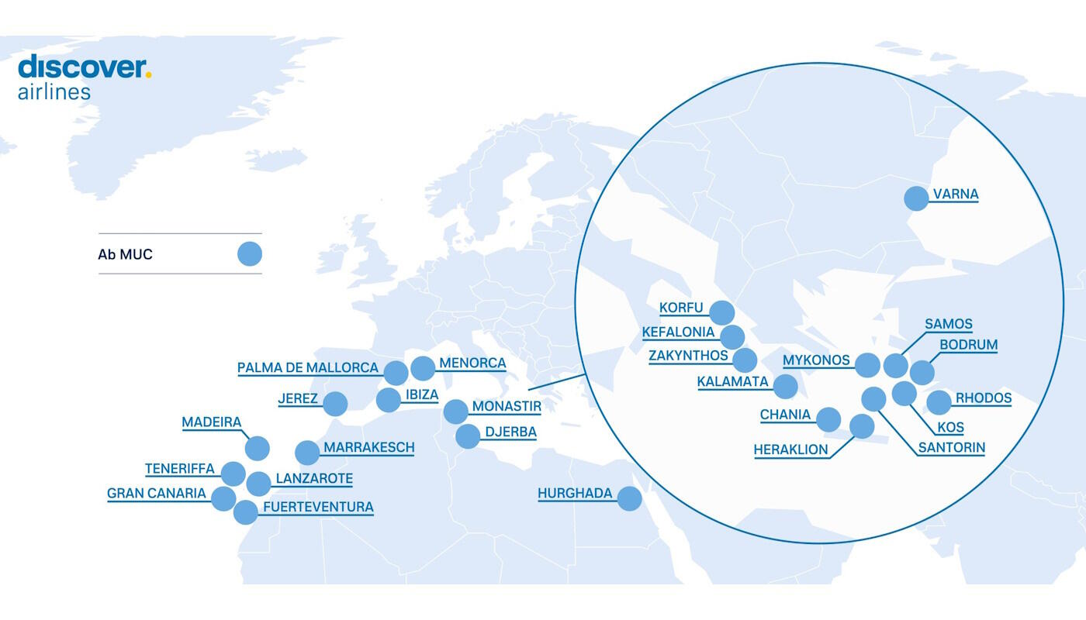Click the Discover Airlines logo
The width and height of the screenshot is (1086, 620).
point(84,77)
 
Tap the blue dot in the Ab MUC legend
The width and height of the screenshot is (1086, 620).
point(250,253)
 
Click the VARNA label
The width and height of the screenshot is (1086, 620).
point(955,194)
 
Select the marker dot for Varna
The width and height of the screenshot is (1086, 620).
point(916,198)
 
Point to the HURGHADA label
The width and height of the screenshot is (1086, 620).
point(575,493)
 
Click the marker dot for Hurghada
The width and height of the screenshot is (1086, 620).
point(629,498)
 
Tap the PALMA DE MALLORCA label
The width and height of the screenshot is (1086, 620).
point(308,367)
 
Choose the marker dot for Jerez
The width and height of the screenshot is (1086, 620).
point(335,404)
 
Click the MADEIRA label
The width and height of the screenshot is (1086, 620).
point(211,422)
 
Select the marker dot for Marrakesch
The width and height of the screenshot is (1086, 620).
point(307,453)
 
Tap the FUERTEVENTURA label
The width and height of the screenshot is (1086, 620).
point(318,507)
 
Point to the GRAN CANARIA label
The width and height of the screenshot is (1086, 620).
point(157,493)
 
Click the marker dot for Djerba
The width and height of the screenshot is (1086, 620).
point(468,436)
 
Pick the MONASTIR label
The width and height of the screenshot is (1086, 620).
point(507,406)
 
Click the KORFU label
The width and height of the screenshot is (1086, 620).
point(681,308)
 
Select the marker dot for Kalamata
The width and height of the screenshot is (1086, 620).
point(785,386)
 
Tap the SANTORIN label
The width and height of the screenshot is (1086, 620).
point(951,447)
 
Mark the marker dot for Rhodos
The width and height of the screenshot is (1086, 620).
point(939,402)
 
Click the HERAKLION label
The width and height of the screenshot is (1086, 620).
point(790,449)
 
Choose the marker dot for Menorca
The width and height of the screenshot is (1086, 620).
point(423,368)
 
